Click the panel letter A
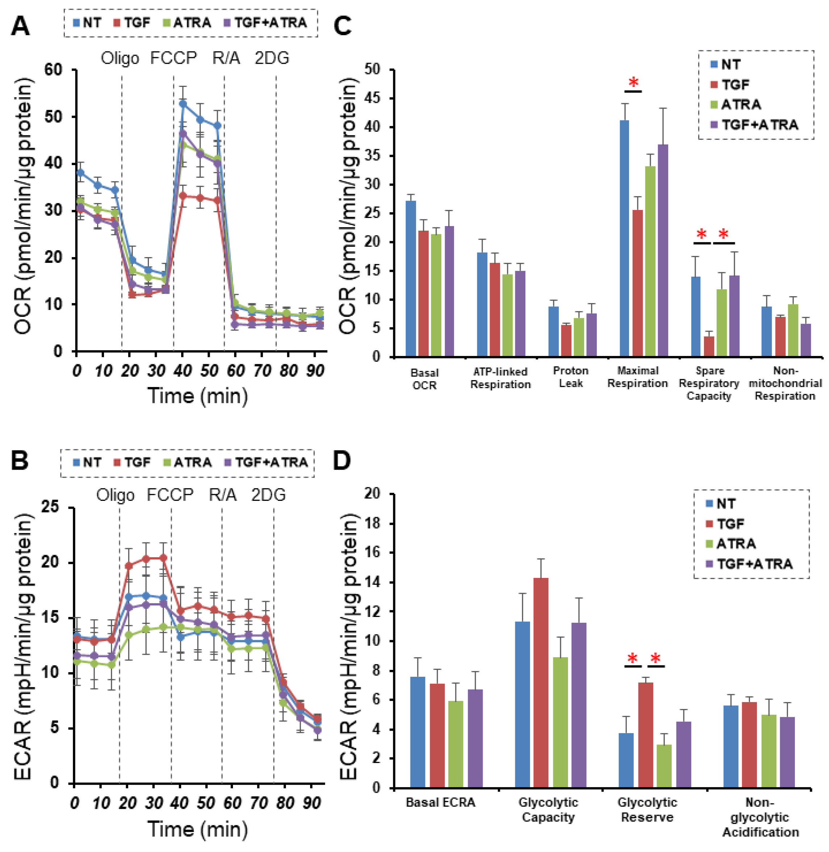(20, 26)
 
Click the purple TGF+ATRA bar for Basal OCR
(449, 291)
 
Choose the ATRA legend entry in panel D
(736, 544)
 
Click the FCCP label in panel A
(173, 58)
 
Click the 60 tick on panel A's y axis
(53, 70)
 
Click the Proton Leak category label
(570, 377)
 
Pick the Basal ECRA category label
(440, 802)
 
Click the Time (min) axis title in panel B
(198, 829)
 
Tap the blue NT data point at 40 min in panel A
(183, 104)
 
